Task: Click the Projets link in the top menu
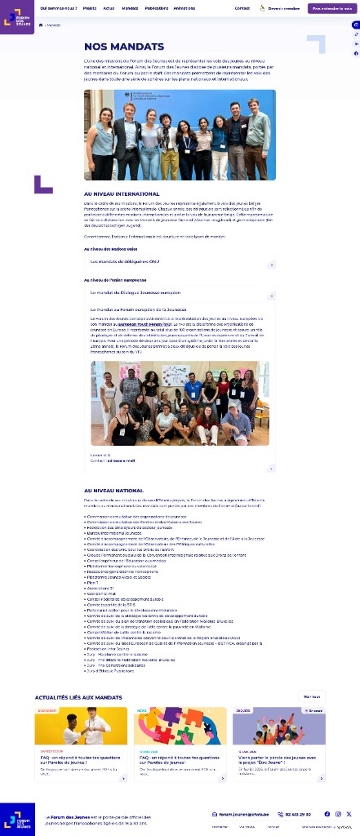[90, 8]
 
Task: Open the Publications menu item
[157, 8]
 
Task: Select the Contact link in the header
[242, 8]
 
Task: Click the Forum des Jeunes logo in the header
[17, 17]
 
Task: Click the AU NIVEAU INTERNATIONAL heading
[122, 193]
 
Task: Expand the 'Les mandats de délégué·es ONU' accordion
[180, 263]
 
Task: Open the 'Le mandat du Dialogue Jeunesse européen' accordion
[180, 292]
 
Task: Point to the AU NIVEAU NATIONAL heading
[114, 490]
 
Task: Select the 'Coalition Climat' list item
[103, 594]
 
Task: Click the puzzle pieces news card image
[180, 726]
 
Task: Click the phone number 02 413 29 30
[296, 814]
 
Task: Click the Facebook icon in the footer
[327, 814]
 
